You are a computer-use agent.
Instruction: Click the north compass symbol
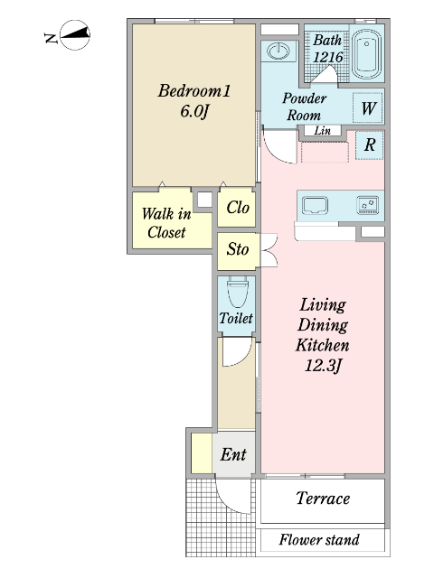click(x=75, y=35)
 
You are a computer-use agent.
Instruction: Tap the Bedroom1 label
click(x=194, y=90)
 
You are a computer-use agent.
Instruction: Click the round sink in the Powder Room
click(x=278, y=51)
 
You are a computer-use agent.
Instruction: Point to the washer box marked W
click(x=368, y=107)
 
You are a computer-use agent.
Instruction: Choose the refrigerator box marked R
click(x=370, y=144)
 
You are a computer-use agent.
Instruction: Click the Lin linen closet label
click(x=322, y=130)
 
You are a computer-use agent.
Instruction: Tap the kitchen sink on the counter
click(x=315, y=205)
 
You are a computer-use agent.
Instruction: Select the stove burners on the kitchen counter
click(x=368, y=205)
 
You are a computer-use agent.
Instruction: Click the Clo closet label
click(x=238, y=208)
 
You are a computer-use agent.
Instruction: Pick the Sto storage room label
click(x=237, y=249)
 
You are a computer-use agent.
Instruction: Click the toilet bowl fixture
click(x=237, y=292)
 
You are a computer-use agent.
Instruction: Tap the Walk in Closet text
click(x=166, y=223)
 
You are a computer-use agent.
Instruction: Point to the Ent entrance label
click(x=233, y=454)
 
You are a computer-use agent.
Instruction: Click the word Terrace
click(x=323, y=499)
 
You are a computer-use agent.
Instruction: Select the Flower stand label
click(x=319, y=540)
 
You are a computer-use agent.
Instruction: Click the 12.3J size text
click(x=322, y=366)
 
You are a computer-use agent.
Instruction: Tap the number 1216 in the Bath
click(x=327, y=57)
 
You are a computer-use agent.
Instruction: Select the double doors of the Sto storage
click(x=269, y=250)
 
